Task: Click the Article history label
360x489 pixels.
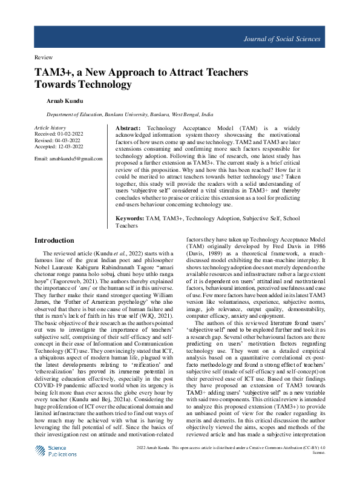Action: (x=50, y=128)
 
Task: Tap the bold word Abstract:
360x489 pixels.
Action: (x=128, y=129)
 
